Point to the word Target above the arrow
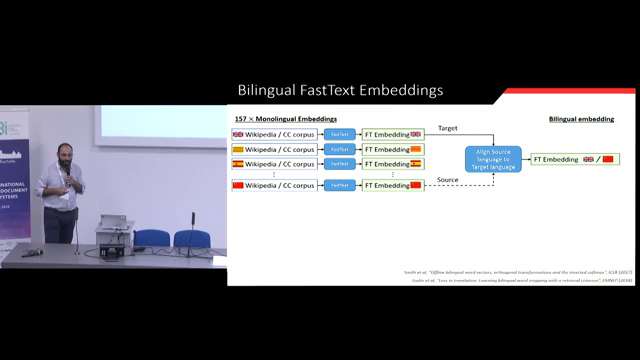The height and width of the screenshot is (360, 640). (x=448, y=128)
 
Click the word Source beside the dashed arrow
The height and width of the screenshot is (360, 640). (x=449, y=180)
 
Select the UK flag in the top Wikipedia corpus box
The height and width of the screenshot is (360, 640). (x=238, y=134)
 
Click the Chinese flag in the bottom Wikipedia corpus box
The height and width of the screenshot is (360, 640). (x=238, y=185)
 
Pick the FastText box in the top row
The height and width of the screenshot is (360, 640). (x=339, y=134)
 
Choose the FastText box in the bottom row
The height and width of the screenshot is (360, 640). (x=339, y=185)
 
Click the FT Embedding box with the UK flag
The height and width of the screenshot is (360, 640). (x=392, y=134)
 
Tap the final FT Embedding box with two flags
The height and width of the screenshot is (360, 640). (x=574, y=159)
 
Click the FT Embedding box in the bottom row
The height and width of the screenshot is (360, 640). (x=392, y=185)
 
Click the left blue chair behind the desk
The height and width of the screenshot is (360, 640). (x=152, y=238)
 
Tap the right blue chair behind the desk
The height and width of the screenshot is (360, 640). (x=191, y=238)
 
